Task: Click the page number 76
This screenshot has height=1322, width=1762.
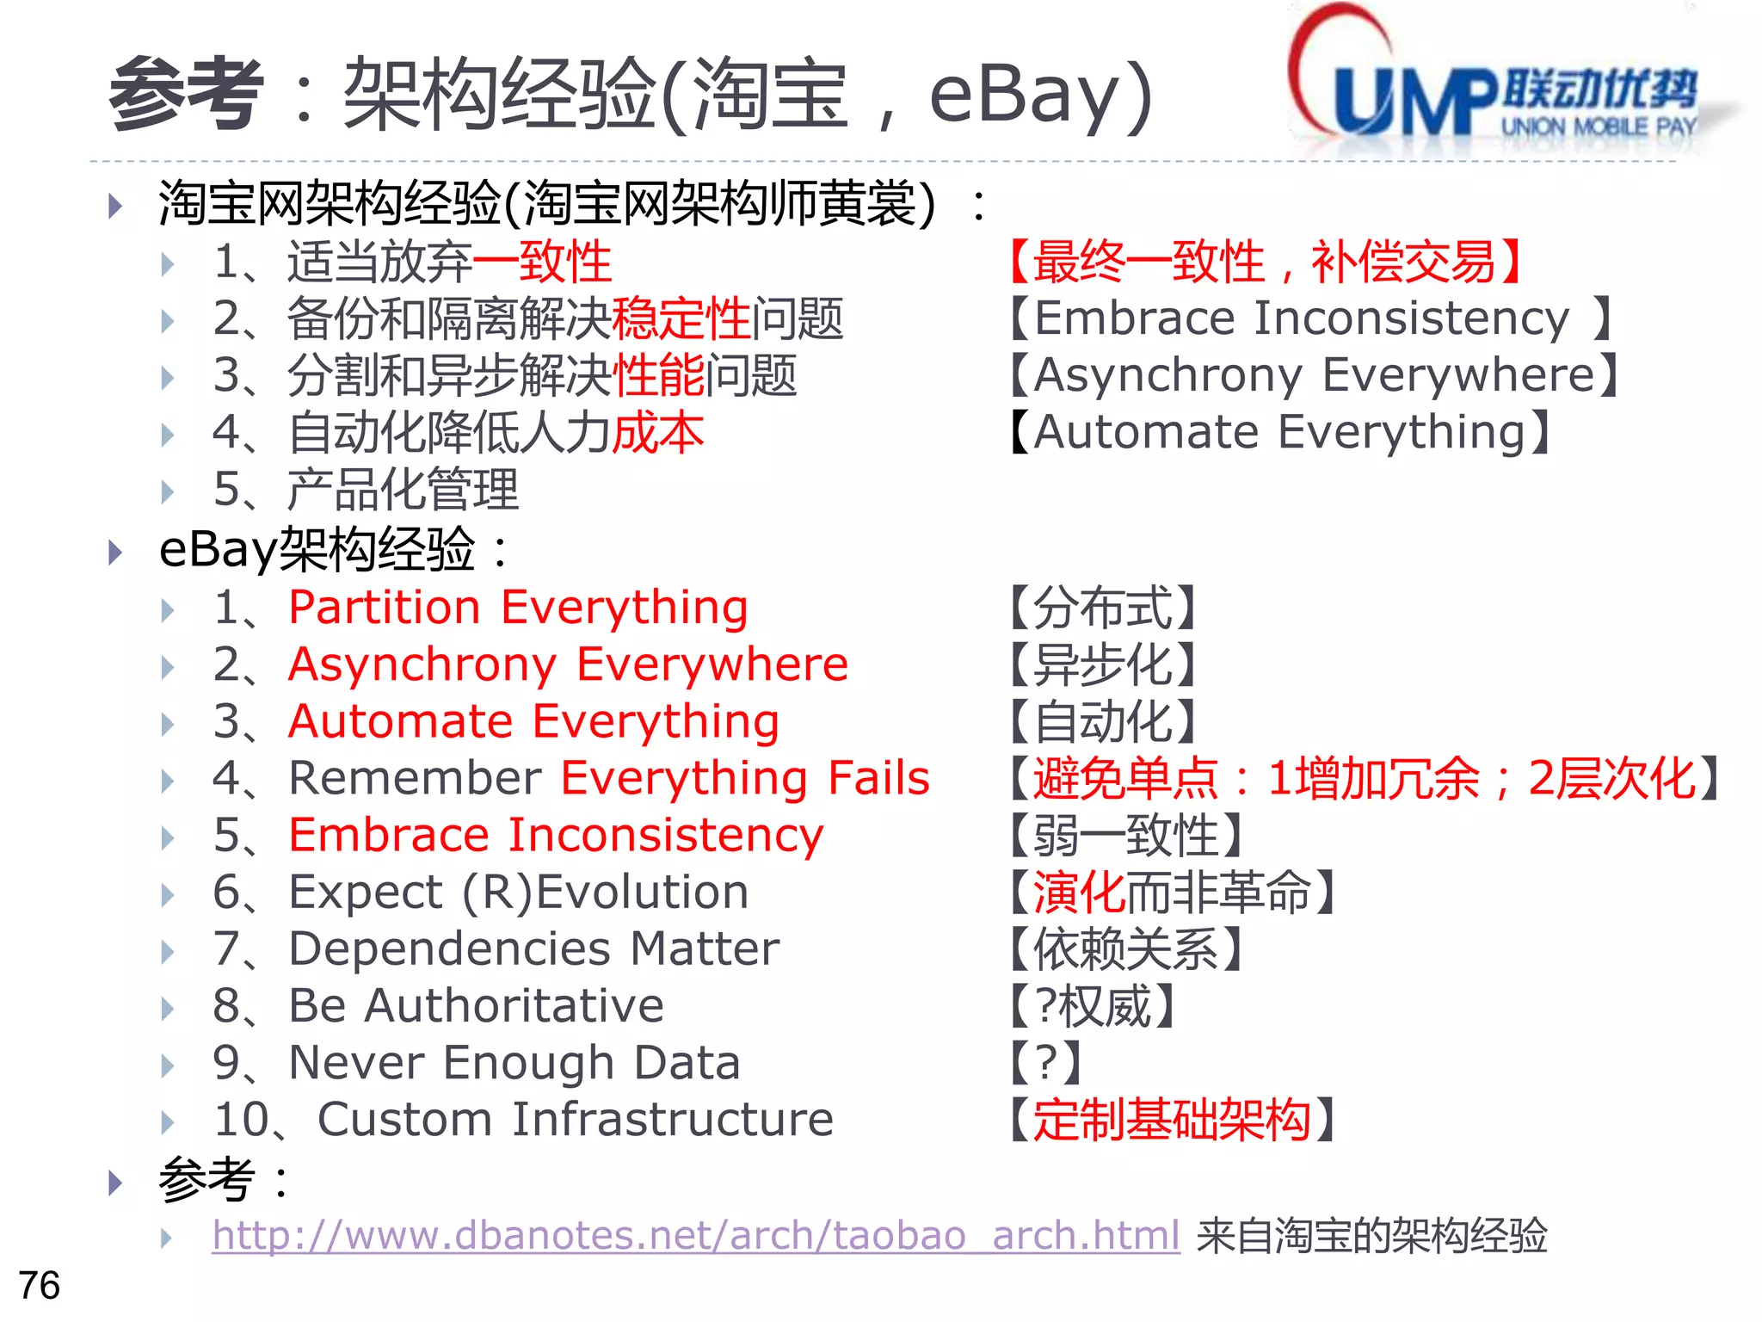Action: click(x=39, y=1285)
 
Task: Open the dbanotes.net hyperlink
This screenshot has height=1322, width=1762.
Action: click(x=695, y=1236)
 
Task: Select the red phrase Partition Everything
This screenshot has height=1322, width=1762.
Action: click(x=518, y=608)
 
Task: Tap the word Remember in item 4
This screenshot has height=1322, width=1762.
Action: click(x=415, y=778)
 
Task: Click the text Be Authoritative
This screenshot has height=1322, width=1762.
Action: click(x=476, y=1006)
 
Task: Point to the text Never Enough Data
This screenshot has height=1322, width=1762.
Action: click(x=514, y=1063)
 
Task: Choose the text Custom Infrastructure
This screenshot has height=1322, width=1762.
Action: click(x=575, y=1120)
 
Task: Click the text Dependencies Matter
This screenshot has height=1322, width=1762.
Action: click(x=533, y=949)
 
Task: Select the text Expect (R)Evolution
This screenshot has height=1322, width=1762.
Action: click(x=518, y=893)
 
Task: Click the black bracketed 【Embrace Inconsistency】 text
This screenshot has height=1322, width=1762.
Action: click(x=1308, y=318)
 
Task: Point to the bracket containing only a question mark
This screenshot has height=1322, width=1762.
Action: click(x=1046, y=1063)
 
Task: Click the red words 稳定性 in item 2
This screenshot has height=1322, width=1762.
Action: click(x=681, y=318)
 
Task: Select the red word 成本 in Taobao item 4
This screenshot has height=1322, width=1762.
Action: click(x=658, y=432)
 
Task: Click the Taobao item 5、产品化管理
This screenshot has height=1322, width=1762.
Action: click(x=366, y=489)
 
